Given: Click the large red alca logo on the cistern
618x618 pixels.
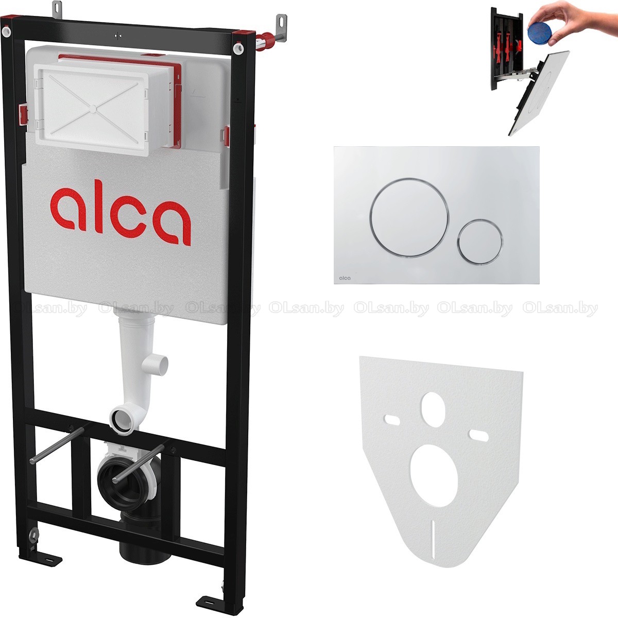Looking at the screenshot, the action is [x=121, y=213].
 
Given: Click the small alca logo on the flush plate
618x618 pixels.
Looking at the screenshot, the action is [x=345, y=278].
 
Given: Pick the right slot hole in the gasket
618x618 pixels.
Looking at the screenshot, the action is [x=478, y=436].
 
